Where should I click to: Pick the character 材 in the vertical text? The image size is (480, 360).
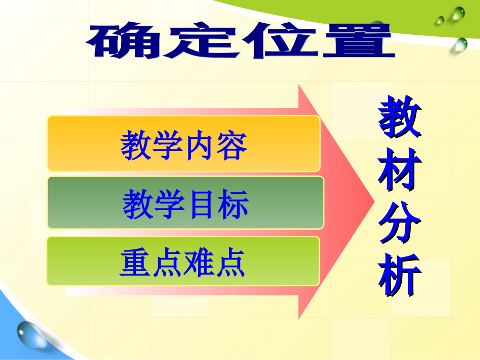tap(400, 172)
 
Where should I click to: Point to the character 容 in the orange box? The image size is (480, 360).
tap(231, 145)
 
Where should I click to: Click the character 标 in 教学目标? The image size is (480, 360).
tap(233, 204)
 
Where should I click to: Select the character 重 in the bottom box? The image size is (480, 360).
tap(135, 263)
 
